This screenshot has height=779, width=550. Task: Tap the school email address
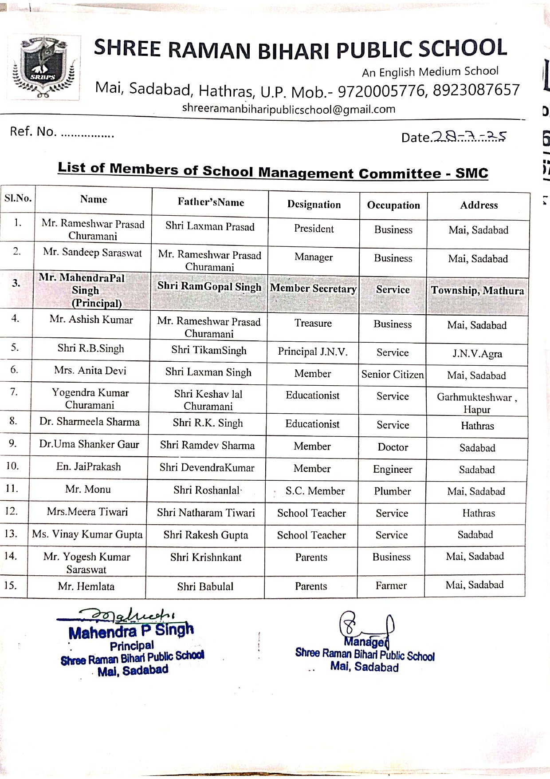[x=288, y=109]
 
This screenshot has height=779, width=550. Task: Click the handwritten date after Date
[x=469, y=136]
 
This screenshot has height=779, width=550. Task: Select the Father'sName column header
[x=211, y=202]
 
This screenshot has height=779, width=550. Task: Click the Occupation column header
[x=393, y=205]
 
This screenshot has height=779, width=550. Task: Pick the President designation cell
[x=314, y=229]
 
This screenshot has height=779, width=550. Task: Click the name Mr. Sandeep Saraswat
[x=92, y=253]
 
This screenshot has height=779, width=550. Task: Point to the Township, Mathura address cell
[x=477, y=291]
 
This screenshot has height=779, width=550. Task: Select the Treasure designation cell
[x=313, y=323]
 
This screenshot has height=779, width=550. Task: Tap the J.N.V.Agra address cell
[x=477, y=354]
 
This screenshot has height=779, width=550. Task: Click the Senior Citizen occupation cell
[x=393, y=375]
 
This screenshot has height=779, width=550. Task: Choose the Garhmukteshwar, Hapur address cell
[x=477, y=403]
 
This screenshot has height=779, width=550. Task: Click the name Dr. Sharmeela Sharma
[x=90, y=422]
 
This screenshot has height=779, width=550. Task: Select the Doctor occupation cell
[x=393, y=447]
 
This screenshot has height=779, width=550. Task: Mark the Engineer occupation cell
[x=393, y=469]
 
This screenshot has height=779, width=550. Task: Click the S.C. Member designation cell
[x=315, y=490]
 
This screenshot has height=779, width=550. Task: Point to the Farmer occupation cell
[x=391, y=585]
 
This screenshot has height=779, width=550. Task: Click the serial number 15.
[x=11, y=585]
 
